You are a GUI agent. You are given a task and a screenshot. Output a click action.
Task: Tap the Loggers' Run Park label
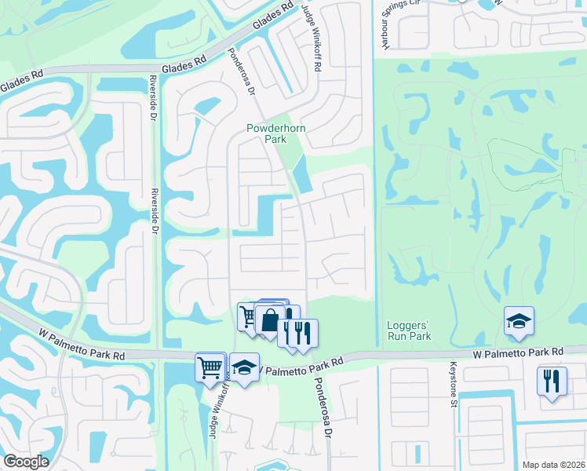coord(410,330)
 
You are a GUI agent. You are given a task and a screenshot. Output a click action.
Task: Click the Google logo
coord(26,462)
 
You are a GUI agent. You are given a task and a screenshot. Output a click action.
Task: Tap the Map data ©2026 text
coord(552,464)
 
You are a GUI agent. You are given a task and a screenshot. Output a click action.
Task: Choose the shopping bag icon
coord(270,320)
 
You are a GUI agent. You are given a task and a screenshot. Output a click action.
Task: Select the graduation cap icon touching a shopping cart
coord(244,367)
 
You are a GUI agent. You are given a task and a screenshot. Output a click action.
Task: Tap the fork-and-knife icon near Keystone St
coord(552,382)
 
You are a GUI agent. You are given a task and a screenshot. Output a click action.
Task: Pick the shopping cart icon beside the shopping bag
coord(248,316)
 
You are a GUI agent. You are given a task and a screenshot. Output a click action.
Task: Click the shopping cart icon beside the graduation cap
coord(210,366)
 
